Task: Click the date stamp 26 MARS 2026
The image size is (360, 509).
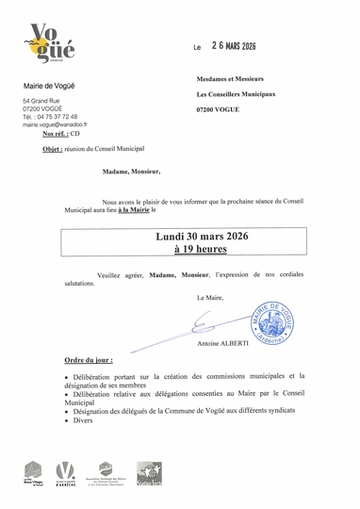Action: (234, 45)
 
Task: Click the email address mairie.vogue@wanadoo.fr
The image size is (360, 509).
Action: (55, 123)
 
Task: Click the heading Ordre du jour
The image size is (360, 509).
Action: (89, 361)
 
